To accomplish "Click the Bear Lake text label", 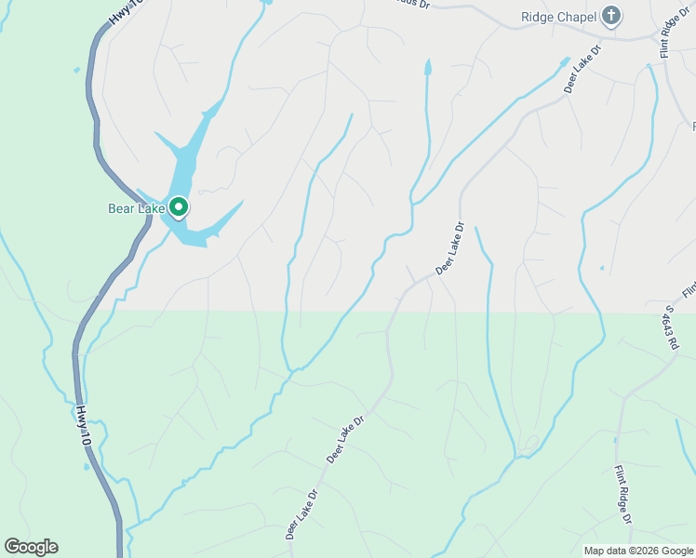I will click(137, 208).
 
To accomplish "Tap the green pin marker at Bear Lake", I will click(180, 208).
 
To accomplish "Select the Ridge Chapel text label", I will click(557, 17).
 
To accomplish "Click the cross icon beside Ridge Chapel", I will click(611, 16).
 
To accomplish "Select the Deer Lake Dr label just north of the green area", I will click(448, 248).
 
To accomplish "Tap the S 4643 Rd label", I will click(673, 325).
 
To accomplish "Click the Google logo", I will click(31, 547).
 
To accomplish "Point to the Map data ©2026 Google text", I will click(638, 551).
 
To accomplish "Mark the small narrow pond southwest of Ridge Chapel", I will click(428, 68).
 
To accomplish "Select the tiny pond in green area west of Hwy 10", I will click(76, 70).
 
